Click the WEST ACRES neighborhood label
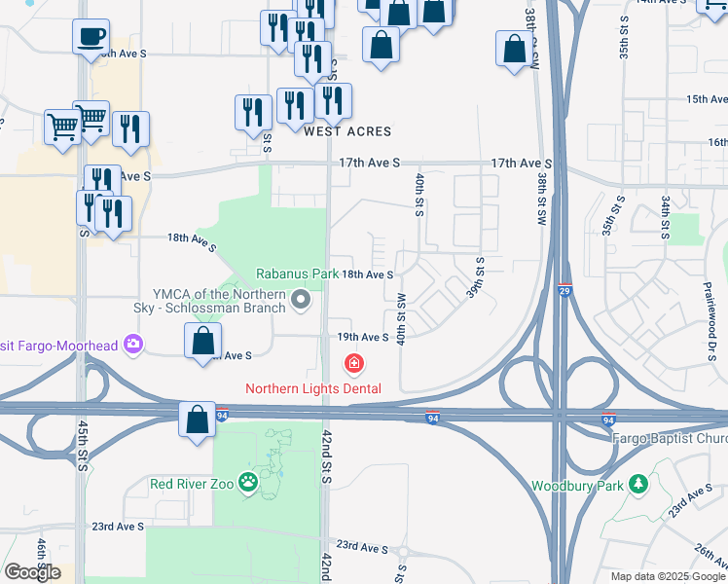pos(347,131)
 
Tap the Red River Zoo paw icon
pos(249,482)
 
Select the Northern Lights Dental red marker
pos(354,364)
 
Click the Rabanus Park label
pos(297,274)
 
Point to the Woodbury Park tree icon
pos(637,484)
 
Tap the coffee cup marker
pos(91,38)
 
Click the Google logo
pos(32,572)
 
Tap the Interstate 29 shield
pos(565,290)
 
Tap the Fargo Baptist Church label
pos(670,438)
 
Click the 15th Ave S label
pos(708,99)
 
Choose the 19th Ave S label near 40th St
pos(363,337)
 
